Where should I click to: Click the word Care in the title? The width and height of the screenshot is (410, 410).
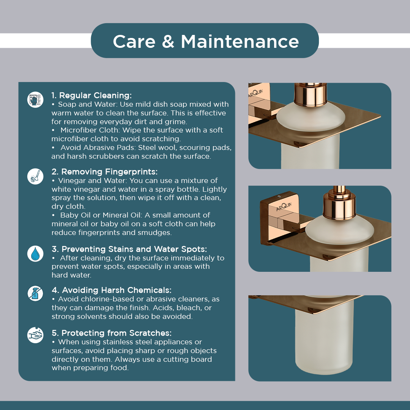(x=134, y=41)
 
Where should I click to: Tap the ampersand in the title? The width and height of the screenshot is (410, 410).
(x=168, y=41)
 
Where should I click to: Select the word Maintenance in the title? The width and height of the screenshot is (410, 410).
(x=240, y=41)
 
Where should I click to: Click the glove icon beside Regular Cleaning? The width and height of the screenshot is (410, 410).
(x=35, y=99)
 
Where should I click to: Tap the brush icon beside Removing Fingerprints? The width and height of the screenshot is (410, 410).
(x=35, y=176)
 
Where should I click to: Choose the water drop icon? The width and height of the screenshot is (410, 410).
(x=35, y=254)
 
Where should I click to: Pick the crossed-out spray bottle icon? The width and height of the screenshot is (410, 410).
(x=35, y=293)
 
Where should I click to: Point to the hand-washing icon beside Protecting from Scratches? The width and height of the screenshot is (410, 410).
(x=35, y=335)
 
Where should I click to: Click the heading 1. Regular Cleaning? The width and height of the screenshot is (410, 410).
(x=91, y=95)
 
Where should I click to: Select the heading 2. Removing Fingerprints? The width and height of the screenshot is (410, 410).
(x=105, y=172)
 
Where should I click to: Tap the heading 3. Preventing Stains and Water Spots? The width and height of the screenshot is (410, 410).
(x=129, y=249)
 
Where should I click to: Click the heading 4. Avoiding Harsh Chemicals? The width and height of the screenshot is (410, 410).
(x=112, y=290)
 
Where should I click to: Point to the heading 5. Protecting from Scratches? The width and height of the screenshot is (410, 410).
(x=112, y=333)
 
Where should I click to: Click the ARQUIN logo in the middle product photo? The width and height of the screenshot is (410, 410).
(x=284, y=206)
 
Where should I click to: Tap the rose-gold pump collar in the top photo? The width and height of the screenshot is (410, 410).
(x=311, y=94)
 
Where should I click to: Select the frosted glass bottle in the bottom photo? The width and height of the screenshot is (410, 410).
(x=324, y=337)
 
